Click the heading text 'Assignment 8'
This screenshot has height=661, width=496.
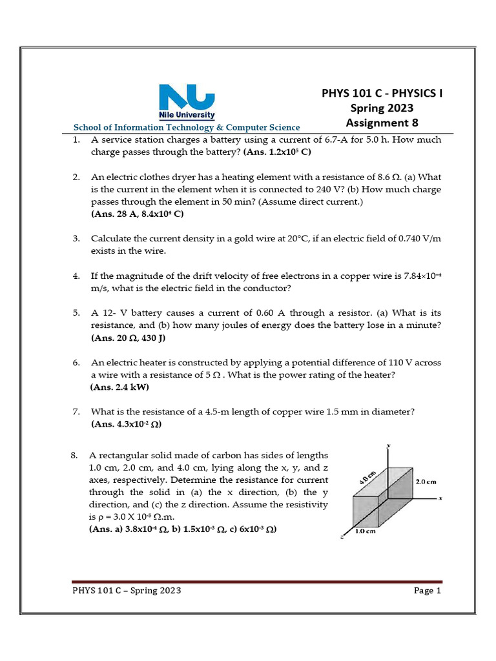[x=382, y=123]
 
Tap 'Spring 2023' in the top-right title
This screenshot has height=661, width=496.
[x=382, y=108]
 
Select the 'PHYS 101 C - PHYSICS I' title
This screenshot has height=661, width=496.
[x=382, y=93]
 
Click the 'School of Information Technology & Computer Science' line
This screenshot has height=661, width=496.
[x=187, y=128]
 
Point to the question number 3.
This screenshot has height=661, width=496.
[x=76, y=239]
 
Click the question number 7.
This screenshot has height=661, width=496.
[x=76, y=412]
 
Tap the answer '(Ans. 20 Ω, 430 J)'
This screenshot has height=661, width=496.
[x=132, y=338]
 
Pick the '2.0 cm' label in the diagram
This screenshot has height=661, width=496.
[x=426, y=482]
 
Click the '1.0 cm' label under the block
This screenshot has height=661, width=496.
[x=366, y=533]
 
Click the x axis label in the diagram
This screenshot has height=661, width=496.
[x=440, y=498]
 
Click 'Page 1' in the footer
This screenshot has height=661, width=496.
[x=427, y=591]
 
